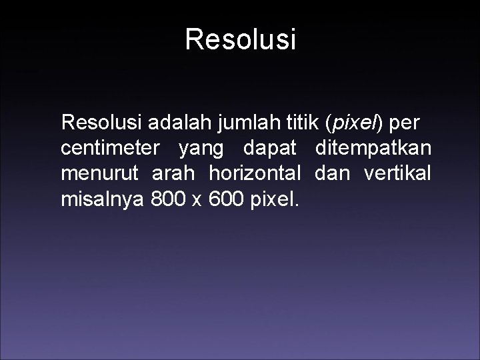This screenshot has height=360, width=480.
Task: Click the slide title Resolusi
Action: (240, 39)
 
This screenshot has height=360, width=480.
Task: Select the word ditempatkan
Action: (373, 148)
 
